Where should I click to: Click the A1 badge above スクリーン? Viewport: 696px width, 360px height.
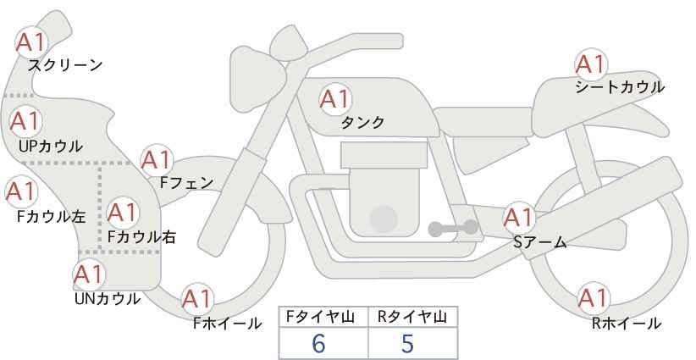31,42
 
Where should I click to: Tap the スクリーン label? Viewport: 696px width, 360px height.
65,65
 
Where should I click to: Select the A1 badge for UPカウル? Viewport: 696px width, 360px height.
25,121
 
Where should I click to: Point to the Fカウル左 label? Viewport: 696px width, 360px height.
51,217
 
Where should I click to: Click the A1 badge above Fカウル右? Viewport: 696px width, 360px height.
123,213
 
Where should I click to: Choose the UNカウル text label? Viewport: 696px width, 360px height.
108,299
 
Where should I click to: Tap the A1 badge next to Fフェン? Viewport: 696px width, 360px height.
157,160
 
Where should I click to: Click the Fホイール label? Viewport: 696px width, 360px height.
227,324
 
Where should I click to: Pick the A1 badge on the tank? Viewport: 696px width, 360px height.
335,99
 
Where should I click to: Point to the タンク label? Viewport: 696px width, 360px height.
362,122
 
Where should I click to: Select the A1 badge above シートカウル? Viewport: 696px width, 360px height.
591,64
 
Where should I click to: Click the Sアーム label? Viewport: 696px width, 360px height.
540,241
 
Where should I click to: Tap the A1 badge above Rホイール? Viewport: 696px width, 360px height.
594,298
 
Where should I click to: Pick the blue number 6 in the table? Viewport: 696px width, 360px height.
318,343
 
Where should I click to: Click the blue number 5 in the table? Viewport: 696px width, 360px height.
407,343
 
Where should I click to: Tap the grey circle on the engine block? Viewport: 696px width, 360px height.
384,219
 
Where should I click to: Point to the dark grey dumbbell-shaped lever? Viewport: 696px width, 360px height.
453,228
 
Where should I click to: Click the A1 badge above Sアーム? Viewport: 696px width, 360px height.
519,218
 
